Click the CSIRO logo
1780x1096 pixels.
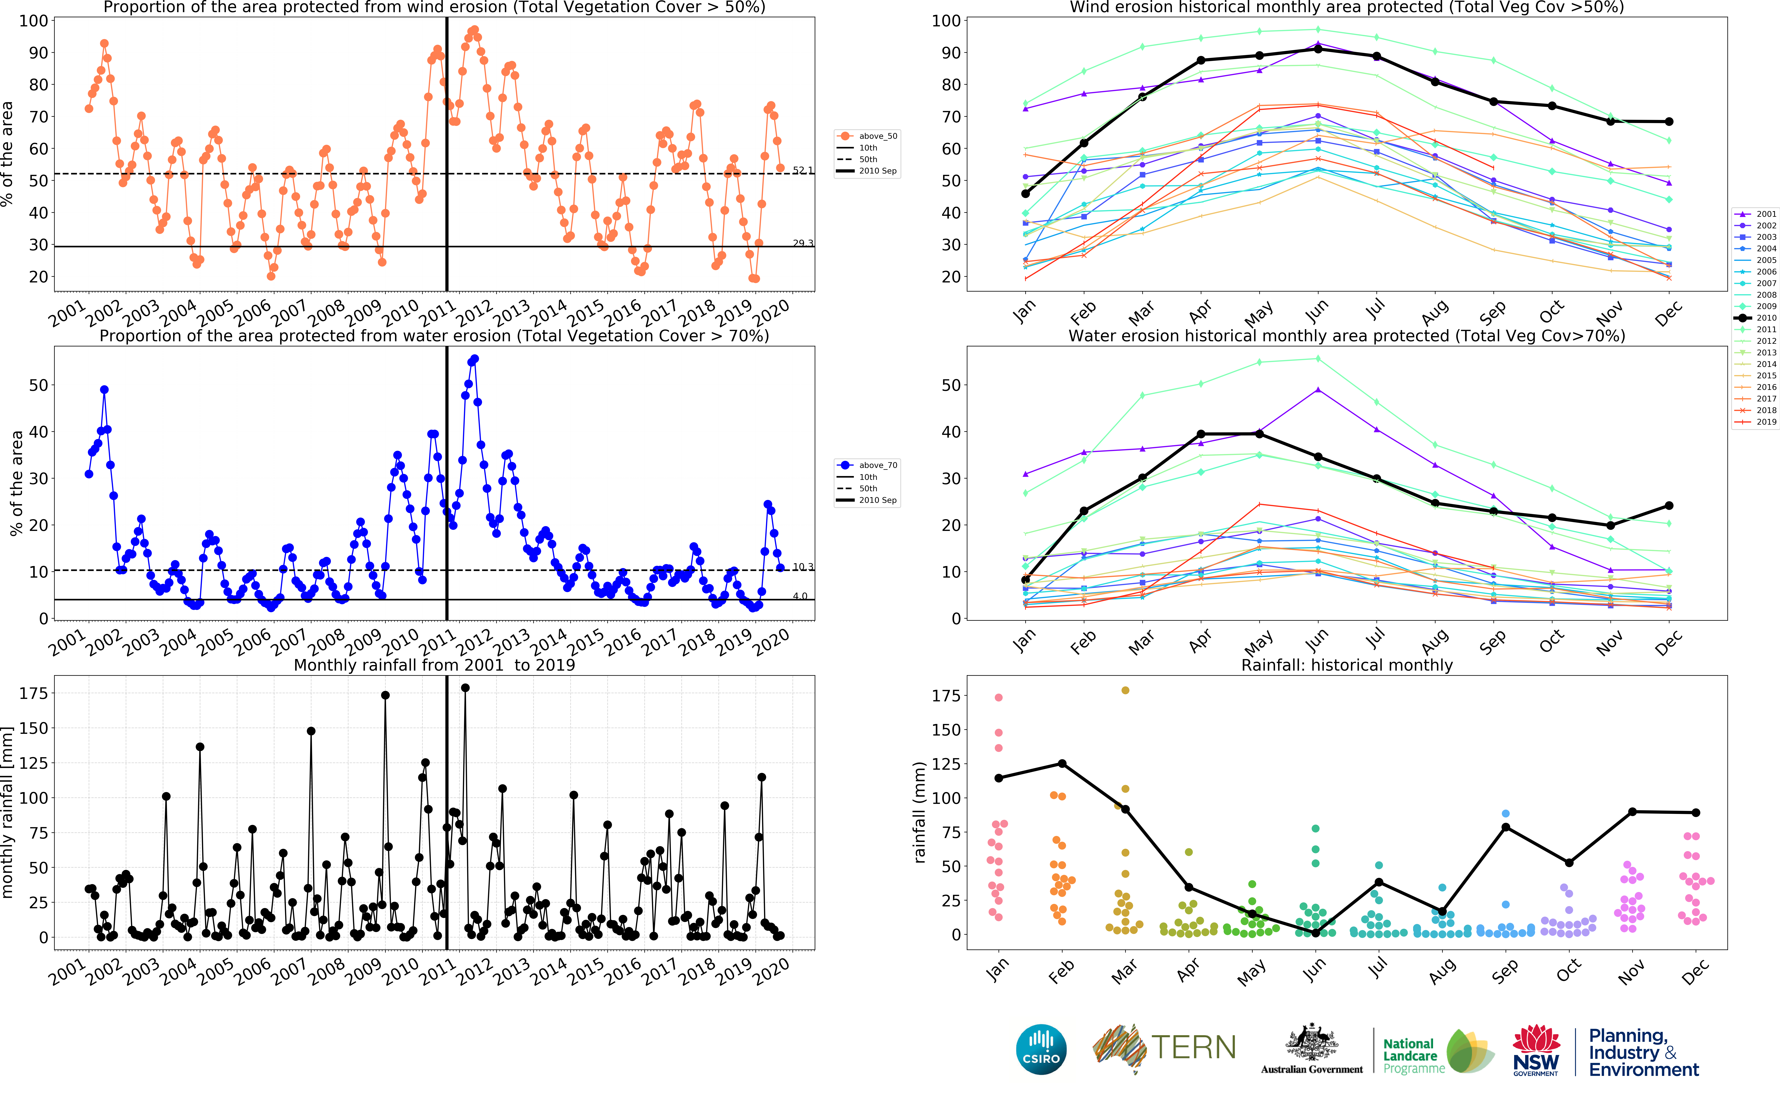pyautogui.click(x=1041, y=1049)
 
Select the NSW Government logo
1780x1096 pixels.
pyautogui.click(x=1536, y=1049)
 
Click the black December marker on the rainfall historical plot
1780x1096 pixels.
pyautogui.click(x=1695, y=813)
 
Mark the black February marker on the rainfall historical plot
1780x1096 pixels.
pyautogui.click(x=1062, y=763)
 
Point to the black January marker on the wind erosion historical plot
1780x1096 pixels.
pyautogui.click(x=1025, y=194)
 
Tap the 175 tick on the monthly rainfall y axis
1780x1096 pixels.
pyautogui.click(x=33, y=694)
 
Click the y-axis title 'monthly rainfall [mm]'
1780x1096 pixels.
pyautogui.click(x=9, y=812)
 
